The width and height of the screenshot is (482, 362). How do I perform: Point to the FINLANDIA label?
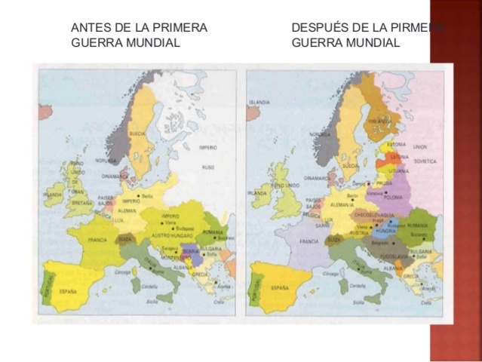point(379,120)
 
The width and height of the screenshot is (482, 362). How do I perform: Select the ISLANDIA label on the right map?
point(261,101)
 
